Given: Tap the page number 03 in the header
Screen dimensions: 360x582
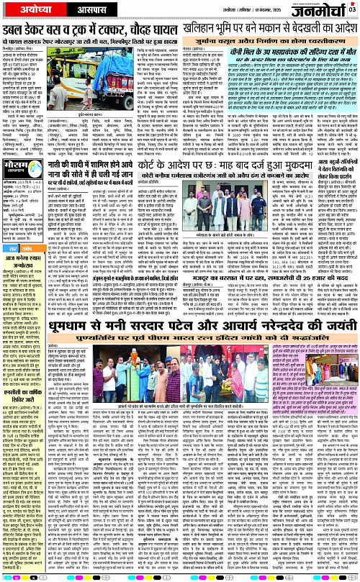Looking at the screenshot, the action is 351,9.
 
